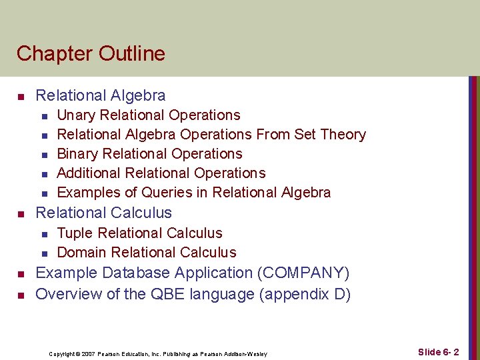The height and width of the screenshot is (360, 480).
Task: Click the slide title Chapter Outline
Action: [91, 53]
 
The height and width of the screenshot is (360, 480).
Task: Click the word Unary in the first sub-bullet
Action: [75, 115]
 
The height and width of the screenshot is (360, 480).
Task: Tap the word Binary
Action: [77, 154]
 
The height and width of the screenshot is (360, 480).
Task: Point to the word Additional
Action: [87, 173]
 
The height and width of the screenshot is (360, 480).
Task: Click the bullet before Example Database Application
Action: [21, 275]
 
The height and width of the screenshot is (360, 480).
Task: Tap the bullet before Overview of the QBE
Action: [21, 295]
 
